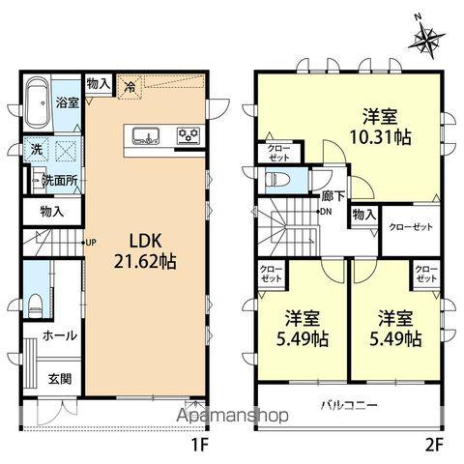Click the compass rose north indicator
(x=429, y=36)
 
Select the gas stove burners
(x=188, y=134)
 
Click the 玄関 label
(x=61, y=378)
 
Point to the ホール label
(x=60, y=335)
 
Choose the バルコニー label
(x=349, y=404)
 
